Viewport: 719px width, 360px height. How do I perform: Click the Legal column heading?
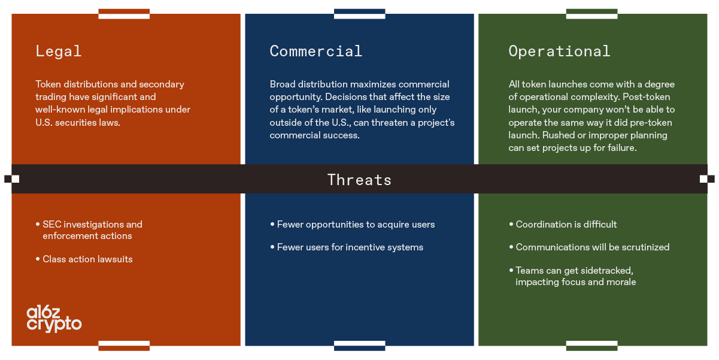(58, 52)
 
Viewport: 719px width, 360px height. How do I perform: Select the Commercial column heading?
(315, 52)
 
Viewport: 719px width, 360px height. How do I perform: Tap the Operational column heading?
(559, 52)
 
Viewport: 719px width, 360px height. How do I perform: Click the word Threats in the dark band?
(359, 180)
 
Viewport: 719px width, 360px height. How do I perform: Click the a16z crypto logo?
(54, 318)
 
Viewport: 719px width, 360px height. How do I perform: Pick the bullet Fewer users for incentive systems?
(350, 247)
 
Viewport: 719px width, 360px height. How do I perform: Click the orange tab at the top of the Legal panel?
(124, 13)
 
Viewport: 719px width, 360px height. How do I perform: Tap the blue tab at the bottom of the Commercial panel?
(359, 346)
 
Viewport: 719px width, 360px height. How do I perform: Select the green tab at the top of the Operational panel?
(591, 13)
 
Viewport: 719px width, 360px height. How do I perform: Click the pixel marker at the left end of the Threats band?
(11, 179)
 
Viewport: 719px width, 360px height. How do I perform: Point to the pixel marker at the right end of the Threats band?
(707, 179)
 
